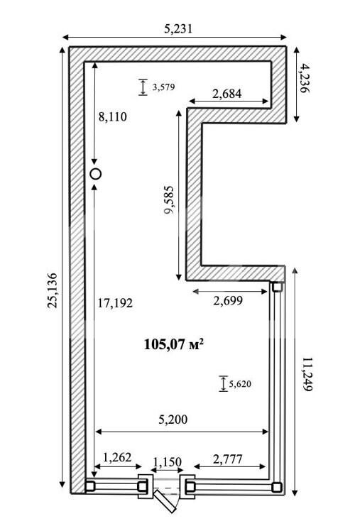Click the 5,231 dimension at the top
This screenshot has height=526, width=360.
pyautogui.click(x=178, y=29)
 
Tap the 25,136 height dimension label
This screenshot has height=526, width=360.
pyautogui.click(x=53, y=291)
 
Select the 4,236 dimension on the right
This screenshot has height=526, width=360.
pyautogui.click(x=305, y=79)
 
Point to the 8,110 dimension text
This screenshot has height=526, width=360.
pyautogui.click(x=112, y=116)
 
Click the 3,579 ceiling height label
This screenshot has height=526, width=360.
pyautogui.click(x=164, y=87)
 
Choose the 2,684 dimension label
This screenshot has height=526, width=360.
pyautogui.click(x=227, y=94)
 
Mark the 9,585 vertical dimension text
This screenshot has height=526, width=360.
pyautogui.click(x=170, y=200)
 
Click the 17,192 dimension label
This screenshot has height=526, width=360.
pyautogui.click(x=115, y=303)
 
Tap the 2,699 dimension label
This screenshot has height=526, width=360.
pyautogui.click(x=228, y=301)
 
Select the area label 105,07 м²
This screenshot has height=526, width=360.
pyautogui.click(x=174, y=344)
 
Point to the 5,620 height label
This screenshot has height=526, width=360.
pyautogui.click(x=240, y=384)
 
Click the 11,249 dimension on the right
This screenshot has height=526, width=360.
pyautogui.click(x=307, y=374)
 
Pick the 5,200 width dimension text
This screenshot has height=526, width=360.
pyautogui.click(x=173, y=420)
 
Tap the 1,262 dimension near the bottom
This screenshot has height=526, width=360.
pyautogui.click(x=117, y=457)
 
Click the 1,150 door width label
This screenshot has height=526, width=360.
pyautogui.click(x=168, y=462)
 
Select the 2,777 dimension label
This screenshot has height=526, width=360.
pyautogui.click(x=227, y=459)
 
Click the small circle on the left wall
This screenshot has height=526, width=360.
pyautogui.click(x=96, y=174)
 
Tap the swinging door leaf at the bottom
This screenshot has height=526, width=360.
pyautogui.click(x=165, y=501)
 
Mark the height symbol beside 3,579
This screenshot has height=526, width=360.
pyautogui.click(x=143, y=87)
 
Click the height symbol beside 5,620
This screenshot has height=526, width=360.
pyautogui.click(x=224, y=383)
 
